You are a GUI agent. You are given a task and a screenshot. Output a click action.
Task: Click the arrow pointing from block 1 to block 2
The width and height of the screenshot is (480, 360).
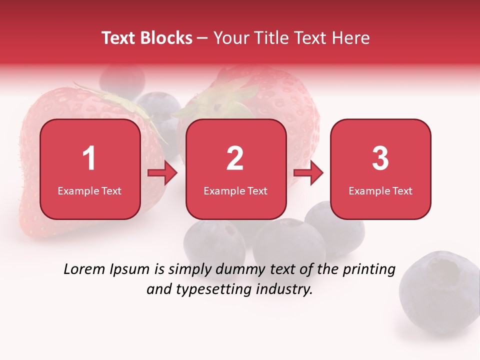tap(163, 173)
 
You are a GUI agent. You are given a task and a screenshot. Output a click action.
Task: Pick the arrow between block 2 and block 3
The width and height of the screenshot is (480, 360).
tap(308, 173)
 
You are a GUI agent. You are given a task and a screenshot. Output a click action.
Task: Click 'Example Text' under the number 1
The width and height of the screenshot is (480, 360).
tap(89, 190)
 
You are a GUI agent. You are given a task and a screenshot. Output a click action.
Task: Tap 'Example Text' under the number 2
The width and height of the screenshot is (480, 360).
tap(235, 190)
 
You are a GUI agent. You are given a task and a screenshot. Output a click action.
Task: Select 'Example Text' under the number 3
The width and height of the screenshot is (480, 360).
tap(380, 190)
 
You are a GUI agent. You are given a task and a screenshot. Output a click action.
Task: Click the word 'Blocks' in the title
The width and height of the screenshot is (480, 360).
tap(166, 38)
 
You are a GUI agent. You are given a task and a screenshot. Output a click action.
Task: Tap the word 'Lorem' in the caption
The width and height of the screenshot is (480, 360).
tap(82, 269)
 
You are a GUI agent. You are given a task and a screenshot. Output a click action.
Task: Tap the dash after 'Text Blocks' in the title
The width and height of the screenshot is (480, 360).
tap(203, 38)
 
